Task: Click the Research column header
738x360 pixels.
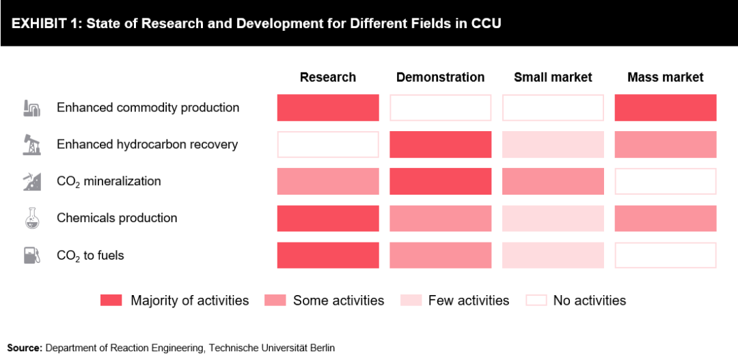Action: coord(328,77)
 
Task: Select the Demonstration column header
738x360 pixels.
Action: coord(440,77)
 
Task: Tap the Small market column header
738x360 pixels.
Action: coord(553,77)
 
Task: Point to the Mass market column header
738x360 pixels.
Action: coord(665,77)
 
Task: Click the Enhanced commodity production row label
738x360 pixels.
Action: coord(148,108)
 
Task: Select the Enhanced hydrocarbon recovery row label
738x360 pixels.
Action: coord(147,144)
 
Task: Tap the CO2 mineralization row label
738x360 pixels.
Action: coord(109,182)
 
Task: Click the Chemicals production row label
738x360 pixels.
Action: coord(117,218)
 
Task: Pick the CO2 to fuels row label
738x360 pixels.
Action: coord(90,255)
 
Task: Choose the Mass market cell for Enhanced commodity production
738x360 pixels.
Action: coord(666,108)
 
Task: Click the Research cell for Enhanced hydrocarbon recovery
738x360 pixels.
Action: coord(328,144)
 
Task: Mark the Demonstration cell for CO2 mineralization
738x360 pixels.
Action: coord(441,181)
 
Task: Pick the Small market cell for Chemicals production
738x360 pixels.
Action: coord(553,218)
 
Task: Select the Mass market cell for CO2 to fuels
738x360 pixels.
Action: coord(666,255)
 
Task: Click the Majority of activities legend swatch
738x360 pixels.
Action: coord(111,301)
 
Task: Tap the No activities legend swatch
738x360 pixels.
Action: coord(536,301)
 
